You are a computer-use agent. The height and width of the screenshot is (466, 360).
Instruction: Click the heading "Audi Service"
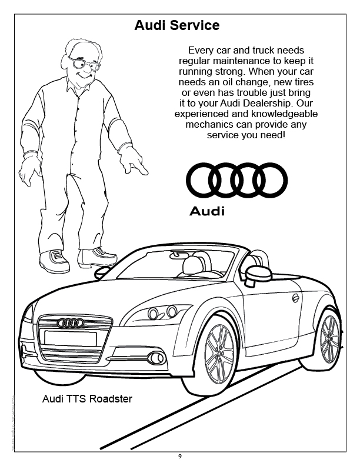tap(177, 26)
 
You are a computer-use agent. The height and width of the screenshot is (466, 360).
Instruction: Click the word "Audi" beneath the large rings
tap(207, 211)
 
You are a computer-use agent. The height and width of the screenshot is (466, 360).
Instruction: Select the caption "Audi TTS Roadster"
tap(88, 399)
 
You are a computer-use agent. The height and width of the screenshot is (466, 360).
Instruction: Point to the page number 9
tap(180, 456)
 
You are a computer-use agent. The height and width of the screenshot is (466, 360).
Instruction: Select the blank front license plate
tap(70, 338)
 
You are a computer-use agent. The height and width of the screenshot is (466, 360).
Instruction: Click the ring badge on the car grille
tap(71, 322)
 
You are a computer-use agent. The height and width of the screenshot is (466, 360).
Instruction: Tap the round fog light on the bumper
tap(156, 358)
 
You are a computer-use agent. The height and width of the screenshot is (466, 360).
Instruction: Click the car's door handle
tap(295, 298)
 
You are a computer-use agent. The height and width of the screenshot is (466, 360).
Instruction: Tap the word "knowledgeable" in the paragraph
tap(262, 114)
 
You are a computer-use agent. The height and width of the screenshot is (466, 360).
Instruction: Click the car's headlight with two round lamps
tap(162, 312)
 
